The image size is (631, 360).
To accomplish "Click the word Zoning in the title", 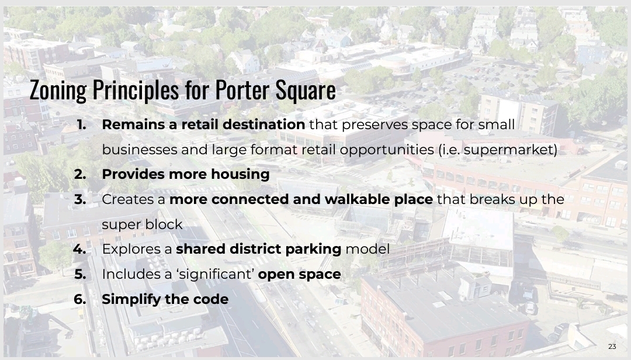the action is click(58, 90).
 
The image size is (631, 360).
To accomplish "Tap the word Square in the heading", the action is click(306, 90).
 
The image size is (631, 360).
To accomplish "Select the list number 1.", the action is click(81, 124).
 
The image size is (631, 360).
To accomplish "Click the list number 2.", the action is click(80, 174).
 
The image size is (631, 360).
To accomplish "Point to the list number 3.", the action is click(80, 199).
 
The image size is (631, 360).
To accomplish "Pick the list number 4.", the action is click(79, 249).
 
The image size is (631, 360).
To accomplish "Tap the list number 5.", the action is click(80, 274).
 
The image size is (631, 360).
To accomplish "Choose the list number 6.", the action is click(80, 299).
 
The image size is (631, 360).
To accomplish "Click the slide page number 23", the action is click(612, 347).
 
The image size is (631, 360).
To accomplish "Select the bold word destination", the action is click(264, 124).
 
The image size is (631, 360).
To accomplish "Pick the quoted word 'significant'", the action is click(216, 274).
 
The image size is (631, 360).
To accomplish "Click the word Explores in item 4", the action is click(133, 250).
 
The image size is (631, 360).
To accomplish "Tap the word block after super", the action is click(165, 224).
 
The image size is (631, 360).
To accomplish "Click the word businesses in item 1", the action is click(139, 150).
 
